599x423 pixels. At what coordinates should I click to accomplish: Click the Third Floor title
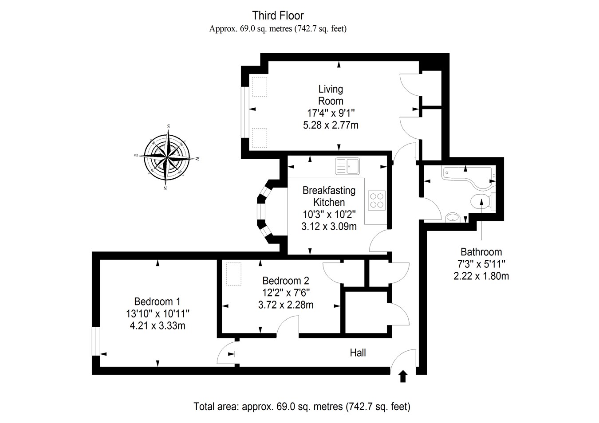point(278,16)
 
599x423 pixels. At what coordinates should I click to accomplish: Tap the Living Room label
point(331,95)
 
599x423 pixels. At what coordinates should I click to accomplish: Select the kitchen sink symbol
point(349,166)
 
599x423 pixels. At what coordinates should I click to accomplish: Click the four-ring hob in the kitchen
point(377,200)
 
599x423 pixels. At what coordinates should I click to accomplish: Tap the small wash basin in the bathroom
point(453,217)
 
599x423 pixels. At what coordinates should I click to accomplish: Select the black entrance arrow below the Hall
point(403,376)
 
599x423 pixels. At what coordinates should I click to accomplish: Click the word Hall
point(358,353)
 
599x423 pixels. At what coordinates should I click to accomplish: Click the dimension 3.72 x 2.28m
point(286,305)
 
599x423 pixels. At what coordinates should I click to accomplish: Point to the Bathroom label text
point(481,252)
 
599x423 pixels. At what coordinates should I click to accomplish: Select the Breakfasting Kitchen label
point(329,196)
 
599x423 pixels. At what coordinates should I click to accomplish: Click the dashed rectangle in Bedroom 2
point(234,274)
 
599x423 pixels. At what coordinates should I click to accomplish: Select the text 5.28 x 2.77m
point(331,125)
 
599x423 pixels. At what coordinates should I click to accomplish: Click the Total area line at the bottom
point(302,406)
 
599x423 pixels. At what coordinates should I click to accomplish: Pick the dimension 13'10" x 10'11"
point(158,313)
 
